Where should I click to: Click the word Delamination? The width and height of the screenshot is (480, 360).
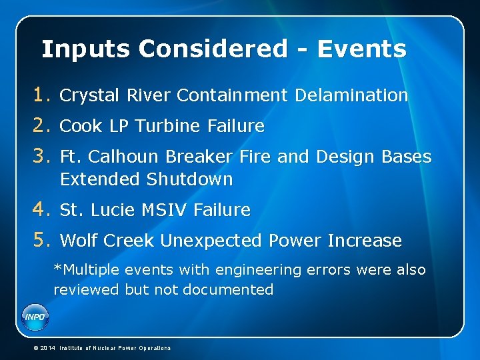pyautogui.click(x=351, y=95)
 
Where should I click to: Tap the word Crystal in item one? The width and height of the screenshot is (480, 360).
pyautogui.click(x=86, y=95)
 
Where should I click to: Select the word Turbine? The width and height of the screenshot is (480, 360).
pyautogui.click(x=170, y=126)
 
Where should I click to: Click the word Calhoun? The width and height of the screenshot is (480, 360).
pyautogui.click(x=124, y=157)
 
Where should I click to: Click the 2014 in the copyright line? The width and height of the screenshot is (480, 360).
pyautogui.click(x=47, y=348)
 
